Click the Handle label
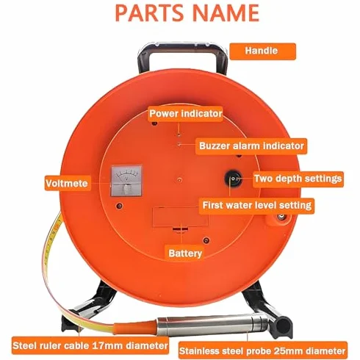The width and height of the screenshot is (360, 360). [262, 51]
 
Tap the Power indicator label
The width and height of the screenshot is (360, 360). [185, 114]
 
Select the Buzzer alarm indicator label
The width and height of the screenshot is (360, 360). [251, 146]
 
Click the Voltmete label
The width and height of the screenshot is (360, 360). [67, 183]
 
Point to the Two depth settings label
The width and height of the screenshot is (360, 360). [298, 179]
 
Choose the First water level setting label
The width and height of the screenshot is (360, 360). [256, 205]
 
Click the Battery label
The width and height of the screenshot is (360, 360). [185, 253]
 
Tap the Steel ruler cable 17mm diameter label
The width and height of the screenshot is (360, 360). [90, 345]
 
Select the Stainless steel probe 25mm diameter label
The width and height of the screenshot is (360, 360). [262, 351]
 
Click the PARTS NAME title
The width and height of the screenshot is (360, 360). [187, 12]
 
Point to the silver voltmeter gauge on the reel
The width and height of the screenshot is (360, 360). [126, 181]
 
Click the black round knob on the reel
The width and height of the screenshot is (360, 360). [233, 179]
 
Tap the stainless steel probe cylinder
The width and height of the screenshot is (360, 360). [213, 325]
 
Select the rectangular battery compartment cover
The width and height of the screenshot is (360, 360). [180, 217]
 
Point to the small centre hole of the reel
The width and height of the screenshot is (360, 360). [179, 180]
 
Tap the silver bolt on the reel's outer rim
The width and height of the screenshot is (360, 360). [280, 217]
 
